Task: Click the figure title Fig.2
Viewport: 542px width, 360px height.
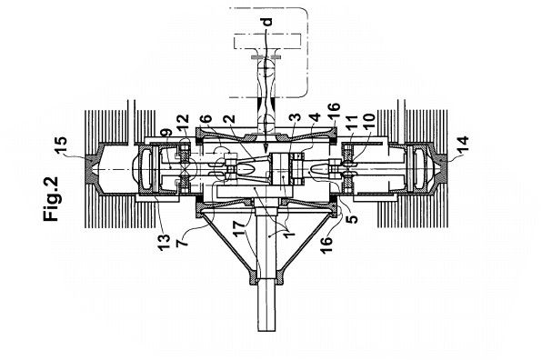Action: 51,199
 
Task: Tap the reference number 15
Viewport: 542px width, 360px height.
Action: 61,146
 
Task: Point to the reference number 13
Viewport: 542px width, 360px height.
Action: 164,243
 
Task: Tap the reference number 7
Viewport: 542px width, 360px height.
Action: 182,240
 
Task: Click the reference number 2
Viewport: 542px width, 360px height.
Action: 229,118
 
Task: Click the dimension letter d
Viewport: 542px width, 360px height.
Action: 267,22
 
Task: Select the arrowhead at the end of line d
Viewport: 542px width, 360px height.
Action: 266,148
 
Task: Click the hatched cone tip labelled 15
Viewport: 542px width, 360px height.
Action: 92,170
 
